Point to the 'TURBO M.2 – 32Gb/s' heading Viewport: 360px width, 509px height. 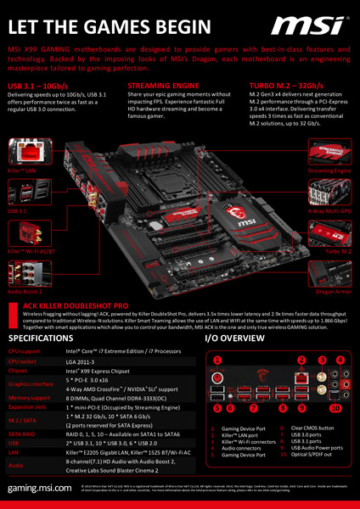tap(284, 87)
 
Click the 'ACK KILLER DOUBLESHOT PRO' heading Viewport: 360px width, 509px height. tap(76, 303)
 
